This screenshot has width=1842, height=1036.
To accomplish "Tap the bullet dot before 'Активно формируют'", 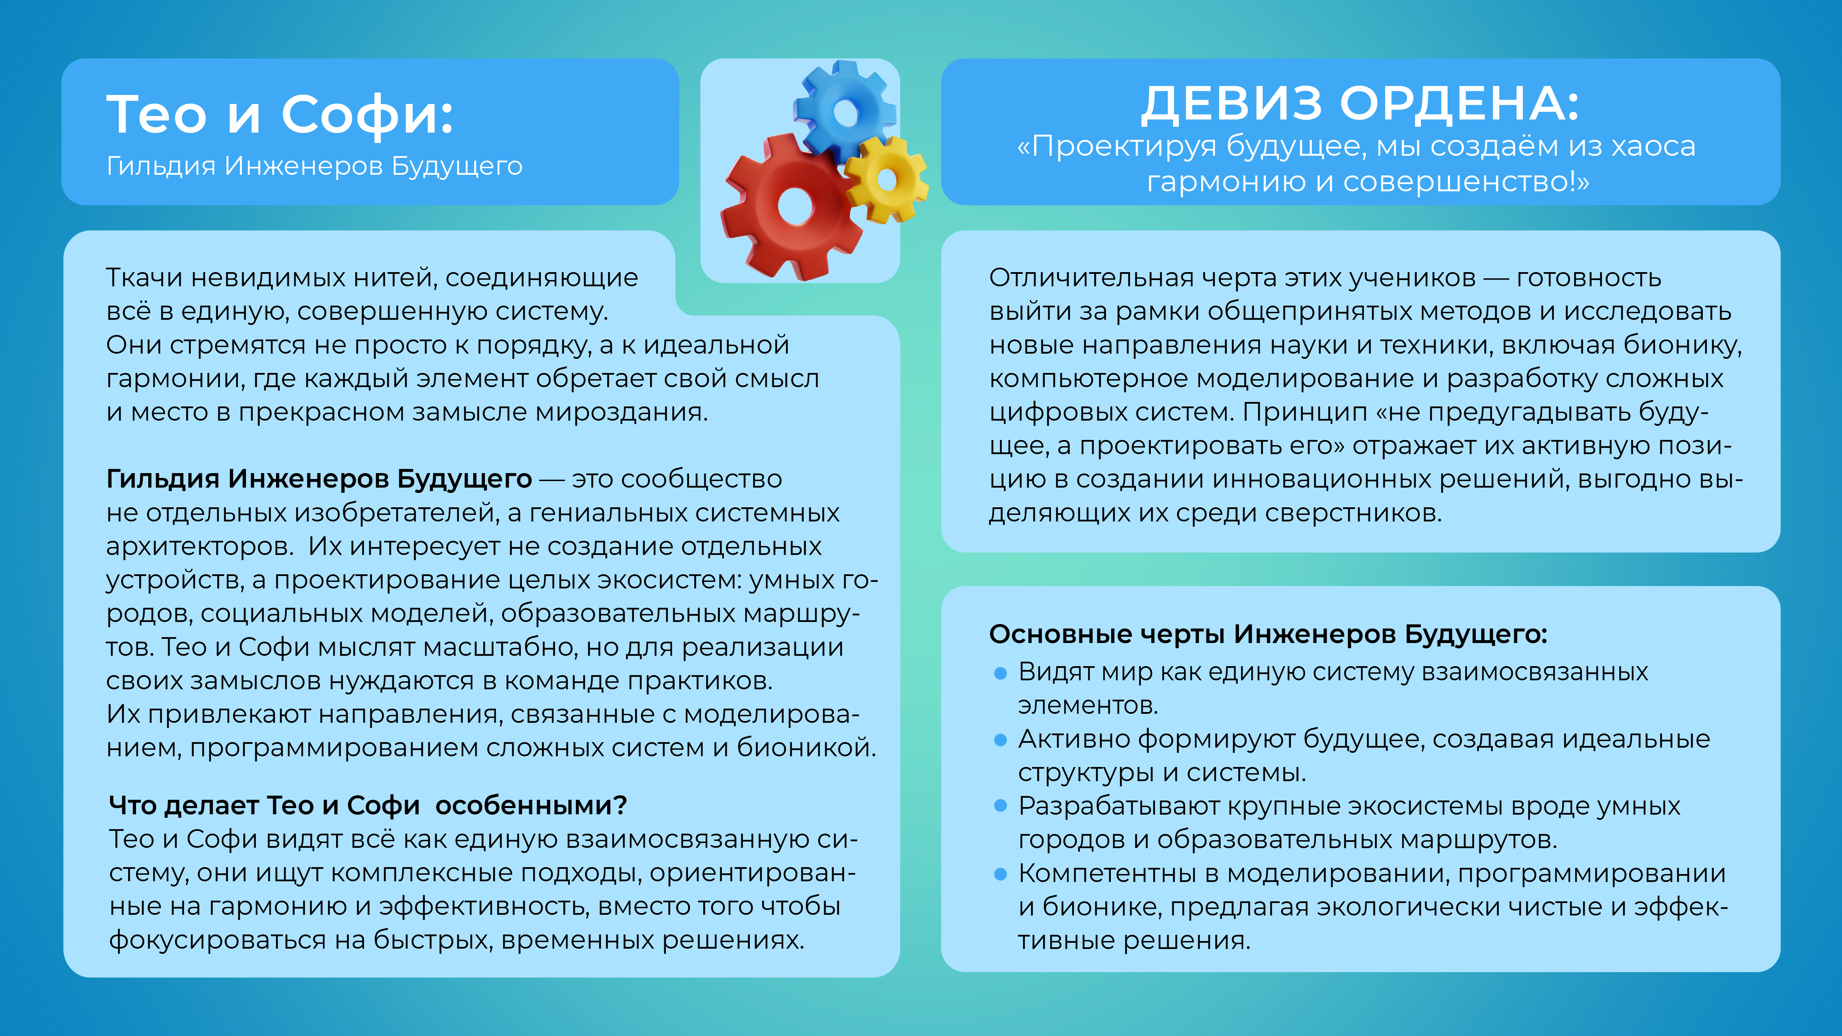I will pos(1000,740).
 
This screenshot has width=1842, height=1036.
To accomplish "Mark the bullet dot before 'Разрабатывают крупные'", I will pos(1000,806).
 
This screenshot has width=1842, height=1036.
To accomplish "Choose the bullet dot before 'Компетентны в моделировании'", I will pos(1000,874).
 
